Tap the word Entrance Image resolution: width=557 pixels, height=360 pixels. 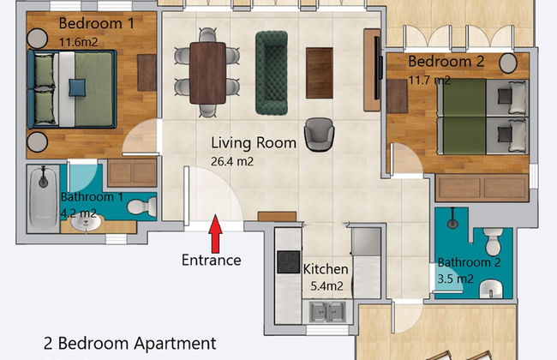(x=211, y=260)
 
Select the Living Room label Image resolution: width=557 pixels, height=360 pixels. (x=254, y=143)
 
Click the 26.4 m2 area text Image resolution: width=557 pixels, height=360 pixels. (x=232, y=160)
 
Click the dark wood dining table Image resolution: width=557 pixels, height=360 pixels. (x=207, y=73)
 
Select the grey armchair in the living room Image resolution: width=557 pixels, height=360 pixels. (x=318, y=134)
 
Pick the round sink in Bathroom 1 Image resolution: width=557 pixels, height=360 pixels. (x=85, y=224)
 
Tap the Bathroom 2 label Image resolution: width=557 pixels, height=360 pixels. (x=469, y=262)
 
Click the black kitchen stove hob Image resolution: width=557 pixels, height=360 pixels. (x=287, y=262)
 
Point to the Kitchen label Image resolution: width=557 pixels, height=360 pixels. (x=326, y=269)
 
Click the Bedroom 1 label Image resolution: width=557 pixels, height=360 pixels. (x=96, y=24)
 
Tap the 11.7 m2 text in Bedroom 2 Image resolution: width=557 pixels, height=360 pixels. (x=429, y=80)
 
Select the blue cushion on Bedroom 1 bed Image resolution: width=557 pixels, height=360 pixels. (x=78, y=86)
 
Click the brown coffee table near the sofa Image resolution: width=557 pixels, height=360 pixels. (x=319, y=73)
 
